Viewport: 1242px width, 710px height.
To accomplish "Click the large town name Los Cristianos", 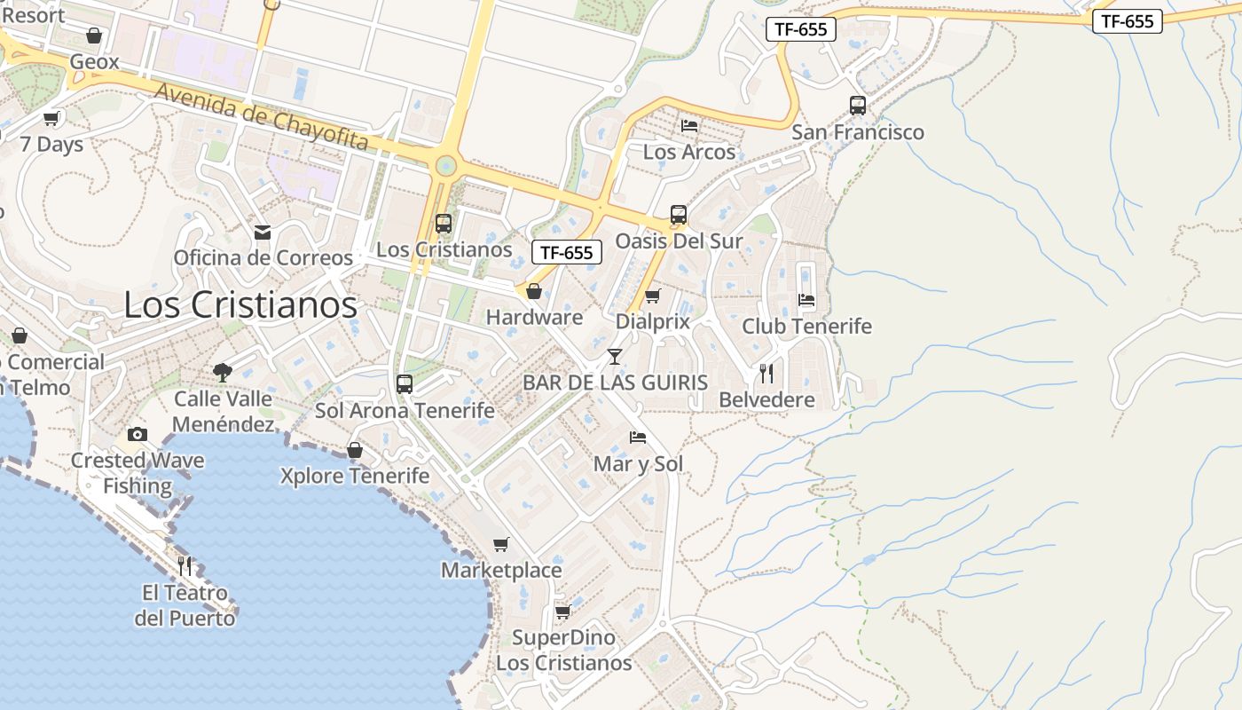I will pyautogui.click(x=240, y=304).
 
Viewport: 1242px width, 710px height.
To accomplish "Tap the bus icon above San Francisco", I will pyautogui.click(x=858, y=106).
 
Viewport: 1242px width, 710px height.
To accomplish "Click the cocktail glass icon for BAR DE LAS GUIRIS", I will pyautogui.click(x=614, y=357).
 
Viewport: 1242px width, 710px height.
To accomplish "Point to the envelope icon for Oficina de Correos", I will pyautogui.click(x=263, y=233).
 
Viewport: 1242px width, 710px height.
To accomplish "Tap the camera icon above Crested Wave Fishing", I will pyautogui.click(x=138, y=434).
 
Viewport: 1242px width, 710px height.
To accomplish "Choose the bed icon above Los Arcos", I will pyautogui.click(x=689, y=125).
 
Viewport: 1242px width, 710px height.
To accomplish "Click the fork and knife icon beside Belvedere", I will pyautogui.click(x=766, y=373).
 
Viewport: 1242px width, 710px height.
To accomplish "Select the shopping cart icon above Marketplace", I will pyautogui.click(x=501, y=544).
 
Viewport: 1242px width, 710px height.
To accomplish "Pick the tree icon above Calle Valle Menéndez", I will pyautogui.click(x=223, y=372).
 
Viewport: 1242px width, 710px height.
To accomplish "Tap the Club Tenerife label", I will pyautogui.click(x=807, y=327).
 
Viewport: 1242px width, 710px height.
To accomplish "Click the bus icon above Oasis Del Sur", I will pyautogui.click(x=679, y=215).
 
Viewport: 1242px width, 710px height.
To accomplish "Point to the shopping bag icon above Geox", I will pyautogui.click(x=94, y=35).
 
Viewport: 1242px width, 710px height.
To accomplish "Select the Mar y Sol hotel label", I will pyautogui.click(x=639, y=464).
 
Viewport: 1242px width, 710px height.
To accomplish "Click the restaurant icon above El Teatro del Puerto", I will pyautogui.click(x=185, y=565).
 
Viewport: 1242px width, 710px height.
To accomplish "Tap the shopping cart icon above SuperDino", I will pyautogui.click(x=563, y=611).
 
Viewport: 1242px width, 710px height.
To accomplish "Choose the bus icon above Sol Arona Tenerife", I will pyautogui.click(x=405, y=384).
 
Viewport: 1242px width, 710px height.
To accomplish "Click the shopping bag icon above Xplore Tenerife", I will pyautogui.click(x=355, y=450).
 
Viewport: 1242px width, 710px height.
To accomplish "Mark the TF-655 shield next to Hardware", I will pyautogui.click(x=567, y=253).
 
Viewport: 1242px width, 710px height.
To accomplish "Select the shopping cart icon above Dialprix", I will pyautogui.click(x=653, y=296).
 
